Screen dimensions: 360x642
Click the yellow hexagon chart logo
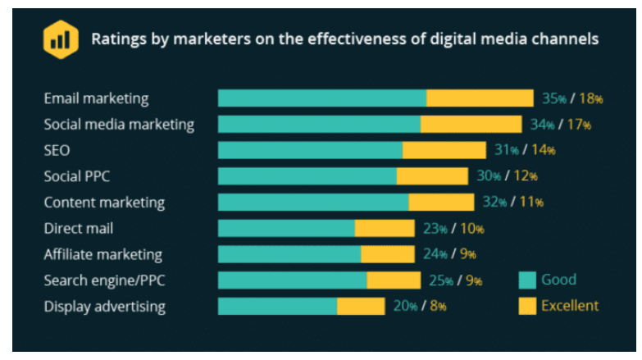(x=61, y=39)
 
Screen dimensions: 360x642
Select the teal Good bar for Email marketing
(x=321, y=98)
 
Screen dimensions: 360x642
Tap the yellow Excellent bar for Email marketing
(x=480, y=98)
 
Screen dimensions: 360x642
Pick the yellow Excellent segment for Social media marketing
(x=471, y=125)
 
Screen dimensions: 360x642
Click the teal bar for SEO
(x=310, y=150)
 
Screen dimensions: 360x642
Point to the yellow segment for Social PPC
(x=432, y=176)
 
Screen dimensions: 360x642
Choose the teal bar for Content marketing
(x=313, y=203)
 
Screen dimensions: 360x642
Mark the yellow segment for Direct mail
(x=385, y=229)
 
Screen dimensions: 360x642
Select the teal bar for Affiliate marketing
(x=289, y=254)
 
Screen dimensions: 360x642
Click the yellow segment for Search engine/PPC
(x=394, y=280)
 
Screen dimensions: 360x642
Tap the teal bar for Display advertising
(x=277, y=307)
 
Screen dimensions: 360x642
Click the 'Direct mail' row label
(x=79, y=229)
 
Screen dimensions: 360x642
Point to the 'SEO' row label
(x=57, y=150)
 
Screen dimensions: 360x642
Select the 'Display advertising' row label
(x=104, y=307)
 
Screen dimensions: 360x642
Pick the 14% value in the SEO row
(x=543, y=150)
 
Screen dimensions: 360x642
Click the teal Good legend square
(x=527, y=280)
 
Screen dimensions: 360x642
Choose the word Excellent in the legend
(x=570, y=306)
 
